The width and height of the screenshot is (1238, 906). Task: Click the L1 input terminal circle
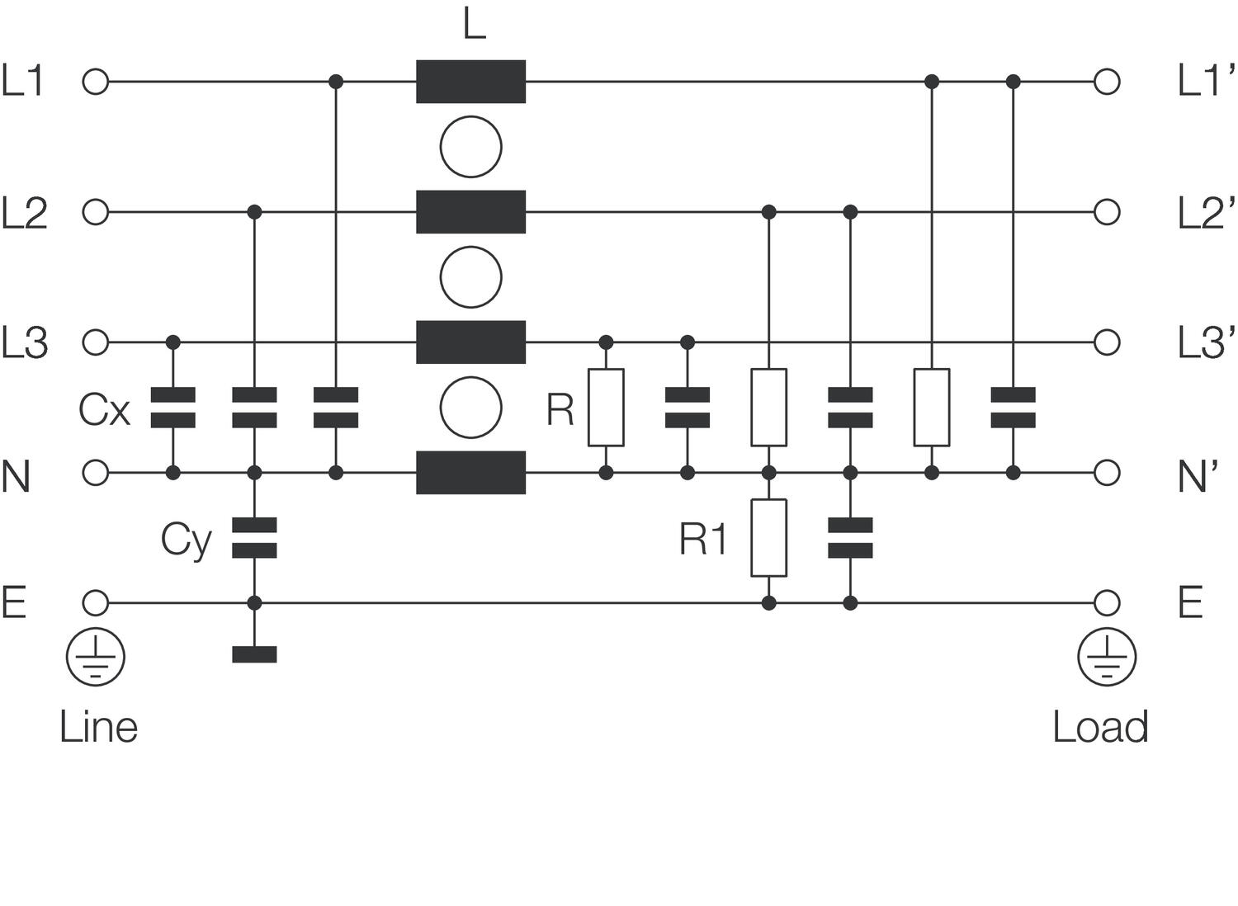point(96,82)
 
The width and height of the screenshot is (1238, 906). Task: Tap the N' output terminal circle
point(1107,473)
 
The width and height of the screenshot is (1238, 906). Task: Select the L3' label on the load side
point(1206,342)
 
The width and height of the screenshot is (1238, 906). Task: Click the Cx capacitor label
point(104,408)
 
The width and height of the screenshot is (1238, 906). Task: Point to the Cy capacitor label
point(186,540)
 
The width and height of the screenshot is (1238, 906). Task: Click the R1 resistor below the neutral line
point(768,537)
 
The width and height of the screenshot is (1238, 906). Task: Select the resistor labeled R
point(606,408)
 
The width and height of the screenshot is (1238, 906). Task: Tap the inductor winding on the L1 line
point(470,82)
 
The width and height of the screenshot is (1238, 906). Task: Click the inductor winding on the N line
point(470,473)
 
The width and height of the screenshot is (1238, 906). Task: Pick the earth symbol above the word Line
point(96,658)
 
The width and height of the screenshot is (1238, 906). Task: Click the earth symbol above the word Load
point(1107,658)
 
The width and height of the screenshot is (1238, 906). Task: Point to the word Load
point(1100,727)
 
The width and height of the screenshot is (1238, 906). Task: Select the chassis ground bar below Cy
point(254,654)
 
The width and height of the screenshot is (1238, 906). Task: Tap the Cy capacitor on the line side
point(254,538)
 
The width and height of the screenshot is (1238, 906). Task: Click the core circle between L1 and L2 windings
point(470,147)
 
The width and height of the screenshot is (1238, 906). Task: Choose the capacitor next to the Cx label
point(173,408)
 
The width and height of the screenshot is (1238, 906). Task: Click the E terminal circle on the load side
point(1107,603)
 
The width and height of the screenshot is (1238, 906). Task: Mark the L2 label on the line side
point(25,213)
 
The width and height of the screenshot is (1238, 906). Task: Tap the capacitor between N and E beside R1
point(850,538)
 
